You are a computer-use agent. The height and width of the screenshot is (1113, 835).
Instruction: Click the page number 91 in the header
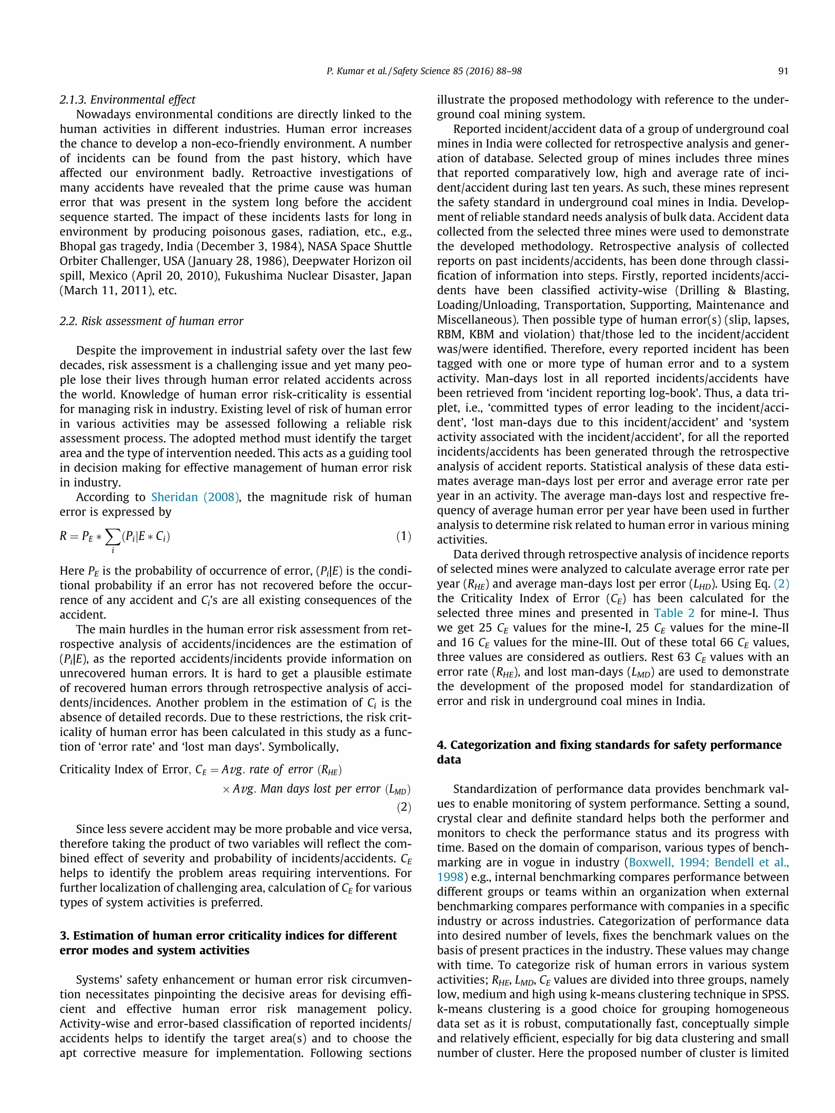pos(783,71)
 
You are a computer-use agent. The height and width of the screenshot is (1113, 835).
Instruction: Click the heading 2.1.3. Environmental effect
pos(127,99)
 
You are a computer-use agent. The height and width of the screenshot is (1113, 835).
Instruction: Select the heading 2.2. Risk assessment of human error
pos(151,321)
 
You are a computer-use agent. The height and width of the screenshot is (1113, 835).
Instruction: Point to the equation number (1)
pos(403,536)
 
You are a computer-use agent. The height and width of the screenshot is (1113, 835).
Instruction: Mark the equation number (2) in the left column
pos(403,808)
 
